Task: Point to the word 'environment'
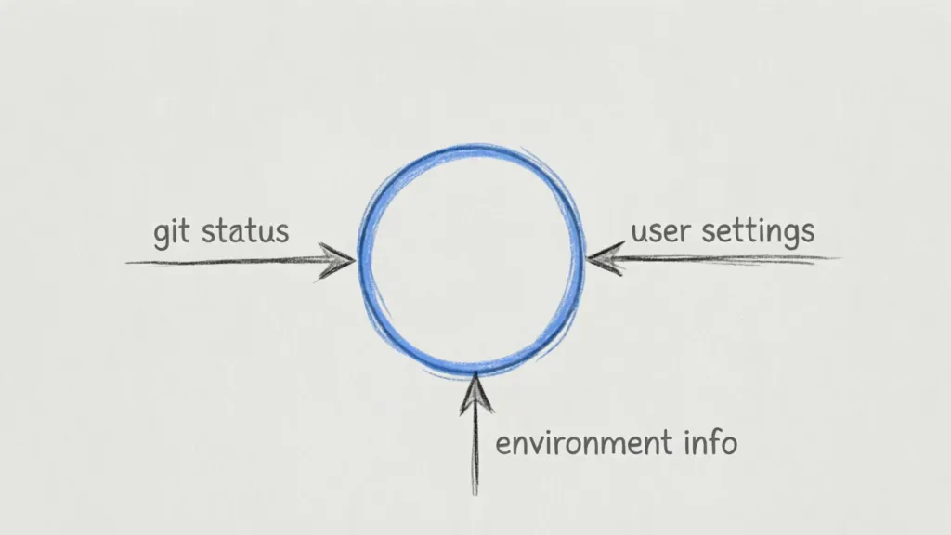pyautogui.click(x=578, y=443)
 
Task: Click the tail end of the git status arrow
pyautogui.click(x=128, y=263)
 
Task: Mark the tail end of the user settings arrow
pyautogui.click(x=838, y=258)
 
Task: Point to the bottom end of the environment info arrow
pyautogui.click(x=475, y=493)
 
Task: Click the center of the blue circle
pyautogui.click(x=473, y=257)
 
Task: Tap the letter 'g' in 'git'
pyautogui.click(x=162, y=235)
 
